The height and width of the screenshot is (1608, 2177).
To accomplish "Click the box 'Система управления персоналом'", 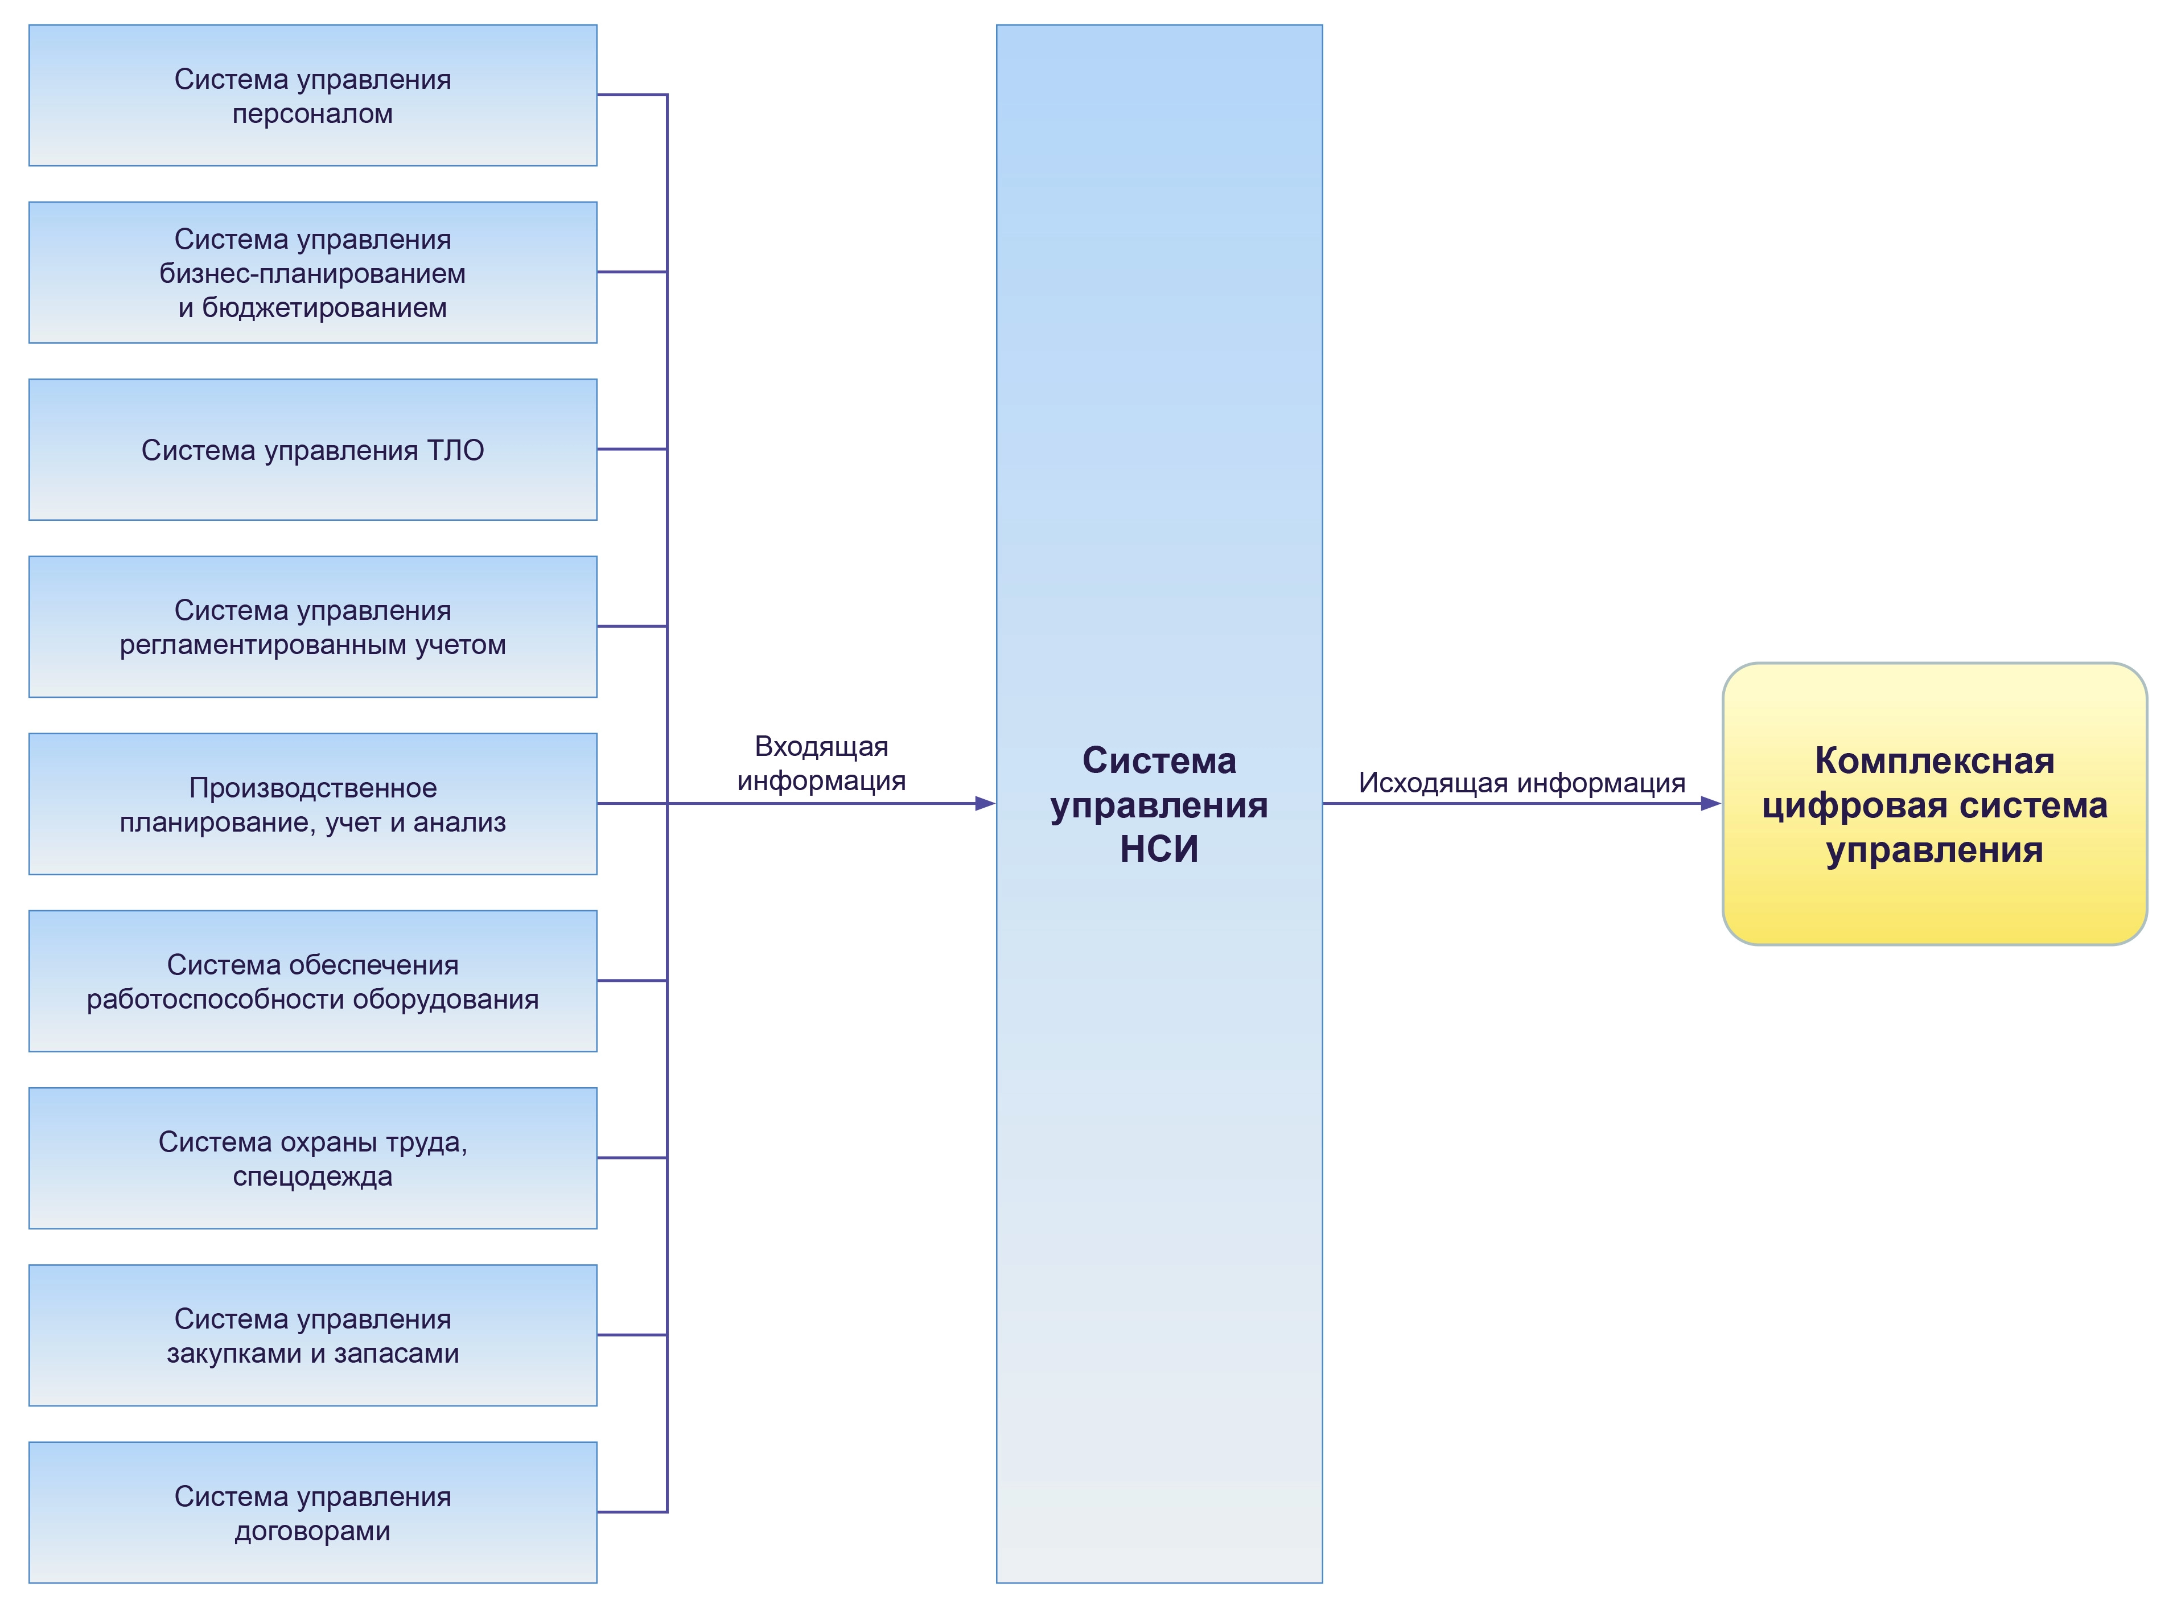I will point(312,96).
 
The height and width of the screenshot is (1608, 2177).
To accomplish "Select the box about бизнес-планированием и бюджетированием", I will point(312,273).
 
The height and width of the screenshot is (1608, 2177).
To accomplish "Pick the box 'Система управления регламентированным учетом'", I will point(312,627).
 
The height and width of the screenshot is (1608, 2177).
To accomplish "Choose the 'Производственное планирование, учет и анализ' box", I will point(312,804).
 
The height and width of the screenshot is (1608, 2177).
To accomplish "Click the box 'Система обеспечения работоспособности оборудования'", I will point(312,981).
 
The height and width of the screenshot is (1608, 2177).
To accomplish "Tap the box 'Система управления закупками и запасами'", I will point(312,1335).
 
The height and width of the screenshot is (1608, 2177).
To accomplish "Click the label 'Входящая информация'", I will point(821,764).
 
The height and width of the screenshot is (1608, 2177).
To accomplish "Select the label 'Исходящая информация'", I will point(1521,783).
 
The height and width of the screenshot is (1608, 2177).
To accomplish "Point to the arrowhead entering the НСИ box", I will point(985,804).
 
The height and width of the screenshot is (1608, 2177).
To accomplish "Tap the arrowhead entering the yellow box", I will point(1710,804).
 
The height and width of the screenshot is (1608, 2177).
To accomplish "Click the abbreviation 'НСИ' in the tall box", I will point(1158,850).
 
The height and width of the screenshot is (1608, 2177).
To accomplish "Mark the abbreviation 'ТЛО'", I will point(455,451).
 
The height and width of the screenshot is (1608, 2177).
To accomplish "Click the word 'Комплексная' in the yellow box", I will point(1934,761).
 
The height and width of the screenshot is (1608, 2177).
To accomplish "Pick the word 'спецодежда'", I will point(312,1177).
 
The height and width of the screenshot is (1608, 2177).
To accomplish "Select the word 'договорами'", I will point(312,1531).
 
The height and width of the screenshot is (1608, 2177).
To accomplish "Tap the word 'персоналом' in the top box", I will point(312,114).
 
